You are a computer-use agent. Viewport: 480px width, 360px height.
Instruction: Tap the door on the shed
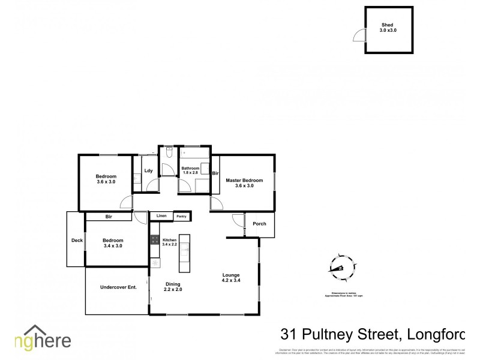(x=358, y=35)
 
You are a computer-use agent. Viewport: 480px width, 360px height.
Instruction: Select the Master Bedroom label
(x=244, y=182)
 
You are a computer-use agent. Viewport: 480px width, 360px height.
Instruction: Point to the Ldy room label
(x=148, y=171)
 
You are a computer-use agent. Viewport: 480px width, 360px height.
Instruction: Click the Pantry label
(x=181, y=216)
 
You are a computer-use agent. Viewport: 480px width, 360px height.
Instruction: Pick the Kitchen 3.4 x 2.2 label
(x=170, y=242)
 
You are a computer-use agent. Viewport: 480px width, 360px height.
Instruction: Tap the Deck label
(x=76, y=240)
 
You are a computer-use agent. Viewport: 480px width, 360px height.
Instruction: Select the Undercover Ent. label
(x=118, y=287)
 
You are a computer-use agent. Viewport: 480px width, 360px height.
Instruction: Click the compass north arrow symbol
(x=341, y=268)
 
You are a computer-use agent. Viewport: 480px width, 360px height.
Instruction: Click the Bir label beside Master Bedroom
(x=215, y=173)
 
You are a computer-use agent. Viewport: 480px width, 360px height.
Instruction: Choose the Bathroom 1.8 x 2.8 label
(x=190, y=170)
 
